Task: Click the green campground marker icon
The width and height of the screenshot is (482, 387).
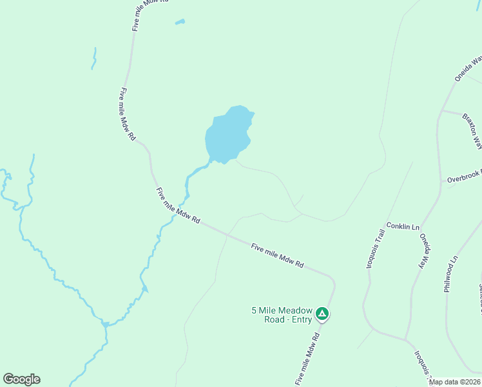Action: [322, 315]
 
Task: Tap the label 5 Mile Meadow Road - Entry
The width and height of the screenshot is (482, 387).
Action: [282, 314]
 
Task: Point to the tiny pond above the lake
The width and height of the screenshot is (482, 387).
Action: [180, 23]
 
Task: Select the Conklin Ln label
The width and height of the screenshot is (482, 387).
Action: [403, 227]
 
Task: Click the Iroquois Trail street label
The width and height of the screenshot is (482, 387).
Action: [376, 250]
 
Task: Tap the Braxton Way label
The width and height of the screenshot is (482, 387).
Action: [472, 131]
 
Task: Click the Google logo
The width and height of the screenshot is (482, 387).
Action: [21, 379]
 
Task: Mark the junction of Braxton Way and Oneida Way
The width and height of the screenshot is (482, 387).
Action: [441, 111]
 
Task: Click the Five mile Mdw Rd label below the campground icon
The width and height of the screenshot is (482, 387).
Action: [308, 359]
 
